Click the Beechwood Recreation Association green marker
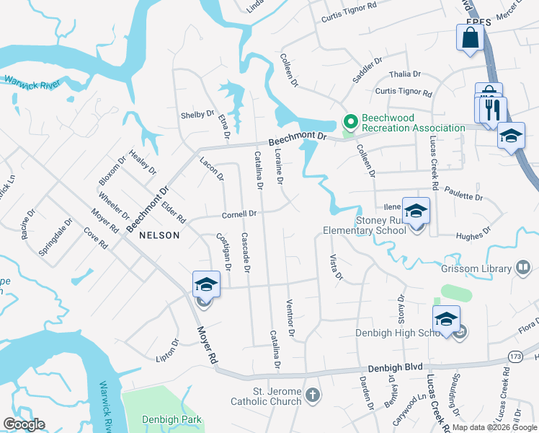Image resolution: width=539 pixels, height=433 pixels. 351,122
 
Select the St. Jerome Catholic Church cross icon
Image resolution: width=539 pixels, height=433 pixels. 312,395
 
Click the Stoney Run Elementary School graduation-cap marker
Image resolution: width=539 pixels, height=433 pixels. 416,211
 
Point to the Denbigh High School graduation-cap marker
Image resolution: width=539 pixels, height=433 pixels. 446,320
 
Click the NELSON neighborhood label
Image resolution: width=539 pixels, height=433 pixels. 159,235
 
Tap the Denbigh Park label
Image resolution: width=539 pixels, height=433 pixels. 172,419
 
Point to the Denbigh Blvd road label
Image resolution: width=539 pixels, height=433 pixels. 396,367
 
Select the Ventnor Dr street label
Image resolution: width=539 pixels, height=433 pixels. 291,318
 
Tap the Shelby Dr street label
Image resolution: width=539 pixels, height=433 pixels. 197,115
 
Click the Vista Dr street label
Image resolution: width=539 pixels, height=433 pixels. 336,266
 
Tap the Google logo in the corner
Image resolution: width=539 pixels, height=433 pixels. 24,424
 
